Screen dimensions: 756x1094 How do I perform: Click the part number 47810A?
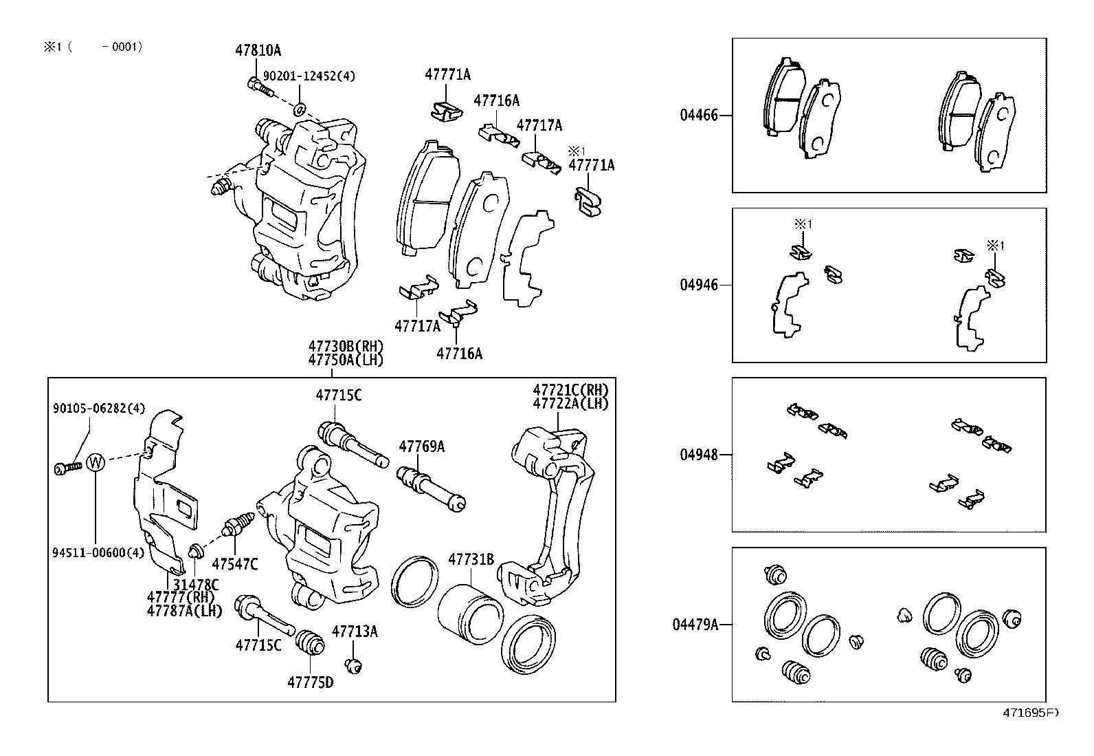tap(258, 50)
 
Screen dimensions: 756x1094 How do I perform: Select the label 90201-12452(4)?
tap(309, 76)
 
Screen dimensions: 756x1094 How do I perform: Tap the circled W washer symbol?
tap(96, 462)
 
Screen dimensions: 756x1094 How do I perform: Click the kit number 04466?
tap(699, 115)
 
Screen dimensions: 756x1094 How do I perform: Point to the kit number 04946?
tap(699, 285)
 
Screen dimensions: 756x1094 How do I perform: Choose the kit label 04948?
tap(699, 455)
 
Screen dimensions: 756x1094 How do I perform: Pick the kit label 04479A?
tap(695, 625)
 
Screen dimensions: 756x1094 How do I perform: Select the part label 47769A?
tap(421, 446)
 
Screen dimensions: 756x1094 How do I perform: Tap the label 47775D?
tap(310, 682)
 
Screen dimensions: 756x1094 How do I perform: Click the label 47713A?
tap(355, 631)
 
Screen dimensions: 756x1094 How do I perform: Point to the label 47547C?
tap(234, 564)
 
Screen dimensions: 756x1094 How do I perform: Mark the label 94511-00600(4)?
tap(98, 552)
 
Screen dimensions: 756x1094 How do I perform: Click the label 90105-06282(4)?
tap(99, 409)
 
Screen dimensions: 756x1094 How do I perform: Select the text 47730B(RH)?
tap(346, 346)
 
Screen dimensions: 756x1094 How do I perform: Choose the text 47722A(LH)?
tap(570, 404)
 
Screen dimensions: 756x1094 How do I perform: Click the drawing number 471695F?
tap(1030, 713)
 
